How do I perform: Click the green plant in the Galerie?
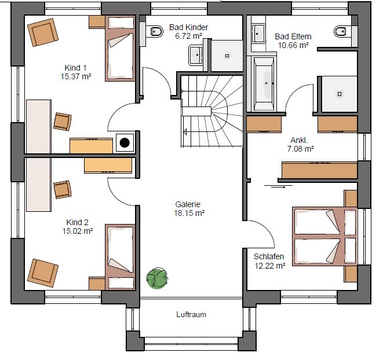[157, 278]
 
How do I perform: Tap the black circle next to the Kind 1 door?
[125, 143]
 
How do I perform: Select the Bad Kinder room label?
[188, 27]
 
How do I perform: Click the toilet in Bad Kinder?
[156, 31]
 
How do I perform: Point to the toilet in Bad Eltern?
[340, 31]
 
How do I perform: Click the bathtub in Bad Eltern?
[264, 84]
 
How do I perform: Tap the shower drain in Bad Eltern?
[340, 94]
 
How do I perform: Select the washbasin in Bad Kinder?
[196, 55]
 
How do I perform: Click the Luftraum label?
[191, 314]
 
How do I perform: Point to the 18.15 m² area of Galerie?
[189, 213]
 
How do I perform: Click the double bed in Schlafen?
[325, 236]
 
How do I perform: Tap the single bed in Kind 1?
[120, 48]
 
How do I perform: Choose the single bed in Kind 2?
[120, 257]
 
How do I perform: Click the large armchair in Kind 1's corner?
[43, 32]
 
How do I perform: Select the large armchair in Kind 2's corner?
[43, 273]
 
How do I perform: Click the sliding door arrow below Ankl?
[279, 187]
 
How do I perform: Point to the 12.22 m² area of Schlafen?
[270, 266]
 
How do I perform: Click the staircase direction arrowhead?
[185, 132]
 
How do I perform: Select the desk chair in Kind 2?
[63, 189]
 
